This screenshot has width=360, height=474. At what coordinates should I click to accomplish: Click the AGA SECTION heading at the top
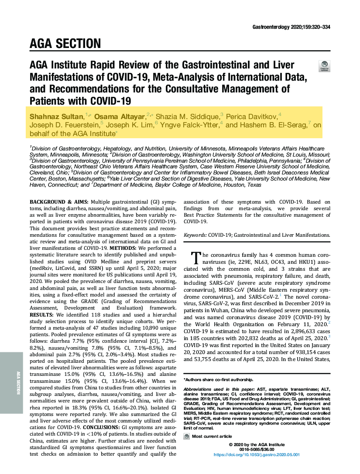tap(65, 44)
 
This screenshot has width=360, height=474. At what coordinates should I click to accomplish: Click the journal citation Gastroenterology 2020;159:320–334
tap(291, 27)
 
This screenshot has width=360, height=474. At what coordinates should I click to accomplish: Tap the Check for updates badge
tap(325, 66)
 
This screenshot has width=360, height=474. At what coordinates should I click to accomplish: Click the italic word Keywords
tap(195, 235)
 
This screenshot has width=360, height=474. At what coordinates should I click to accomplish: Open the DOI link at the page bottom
tap(257, 454)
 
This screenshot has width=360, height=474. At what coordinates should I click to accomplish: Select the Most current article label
tap(212, 436)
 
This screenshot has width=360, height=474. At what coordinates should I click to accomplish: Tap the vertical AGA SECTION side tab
tap(18, 382)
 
